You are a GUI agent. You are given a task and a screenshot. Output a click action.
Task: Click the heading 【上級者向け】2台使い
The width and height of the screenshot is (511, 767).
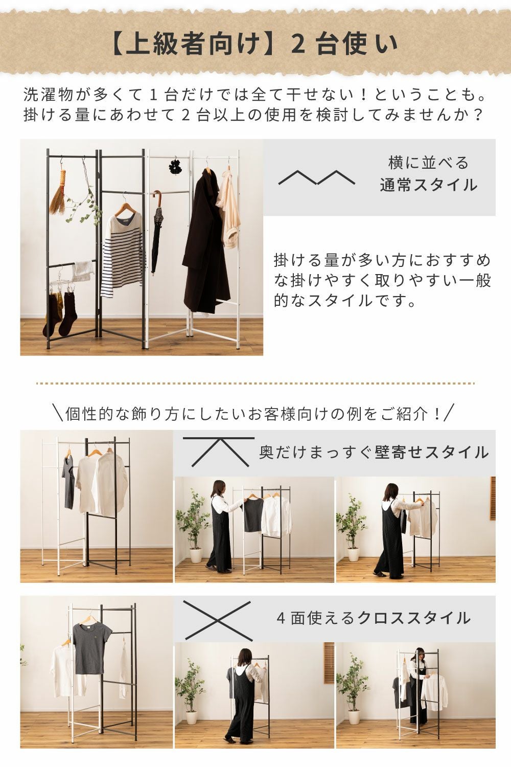pos(255,44)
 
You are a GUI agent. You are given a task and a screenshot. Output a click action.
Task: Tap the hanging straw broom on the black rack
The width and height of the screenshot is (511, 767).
pos(58,191)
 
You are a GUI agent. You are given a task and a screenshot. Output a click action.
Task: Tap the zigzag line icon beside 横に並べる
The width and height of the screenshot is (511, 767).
pos(317,177)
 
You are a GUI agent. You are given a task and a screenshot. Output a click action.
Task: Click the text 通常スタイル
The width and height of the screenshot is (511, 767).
pos(429,185)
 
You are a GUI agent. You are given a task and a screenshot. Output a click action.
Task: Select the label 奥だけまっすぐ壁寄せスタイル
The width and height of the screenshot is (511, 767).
pos(374,453)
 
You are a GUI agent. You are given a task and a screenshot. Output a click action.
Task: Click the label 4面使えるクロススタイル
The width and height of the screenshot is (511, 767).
pos(374,618)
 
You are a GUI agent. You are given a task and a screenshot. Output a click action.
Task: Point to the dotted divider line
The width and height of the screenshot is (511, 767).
pos(255,383)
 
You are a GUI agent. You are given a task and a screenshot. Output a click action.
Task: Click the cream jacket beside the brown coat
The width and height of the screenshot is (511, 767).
pos(227,209)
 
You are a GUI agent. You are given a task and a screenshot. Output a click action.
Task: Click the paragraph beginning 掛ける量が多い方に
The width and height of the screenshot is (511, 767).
pos(382,280)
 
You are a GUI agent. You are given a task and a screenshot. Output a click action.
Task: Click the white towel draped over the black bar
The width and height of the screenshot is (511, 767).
pos(82,270)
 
